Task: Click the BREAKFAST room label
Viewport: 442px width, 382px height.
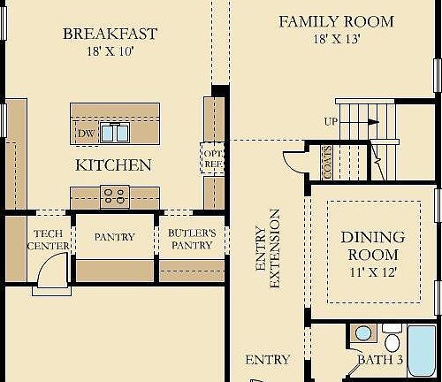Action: click(x=111, y=34)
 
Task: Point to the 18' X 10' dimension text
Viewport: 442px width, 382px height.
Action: click(x=111, y=52)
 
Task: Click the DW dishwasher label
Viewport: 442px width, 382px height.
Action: click(x=86, y=134)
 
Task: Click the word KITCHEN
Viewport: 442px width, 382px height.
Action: click(x=113, y=165)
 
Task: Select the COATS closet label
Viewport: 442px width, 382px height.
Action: click(x=328, y=163)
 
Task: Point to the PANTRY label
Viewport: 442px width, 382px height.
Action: click(x=114, y=237)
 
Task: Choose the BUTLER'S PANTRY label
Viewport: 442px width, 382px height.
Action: click(x=191, y=240)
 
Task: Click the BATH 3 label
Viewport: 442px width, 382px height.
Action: click(x=380, y=360)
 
